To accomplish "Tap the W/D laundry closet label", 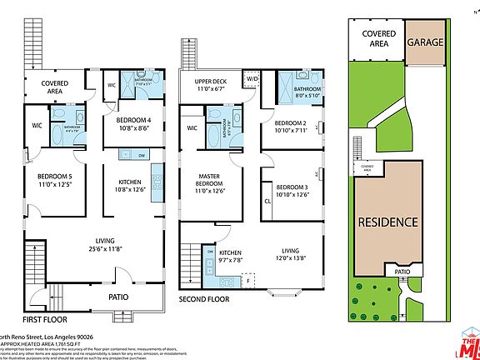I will [x=252, y=80].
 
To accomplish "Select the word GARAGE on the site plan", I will [x=424, y=41].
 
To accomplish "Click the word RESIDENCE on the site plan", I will [x=387, y=222].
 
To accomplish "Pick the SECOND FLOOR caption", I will [x=204, y=297].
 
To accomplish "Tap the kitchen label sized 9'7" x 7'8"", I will [x=231, y=255].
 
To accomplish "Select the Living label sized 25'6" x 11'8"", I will [x=92, y=244].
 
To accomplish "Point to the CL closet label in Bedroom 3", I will [x=267, y=201].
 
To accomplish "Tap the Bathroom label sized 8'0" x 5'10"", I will [x=306, y=92].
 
